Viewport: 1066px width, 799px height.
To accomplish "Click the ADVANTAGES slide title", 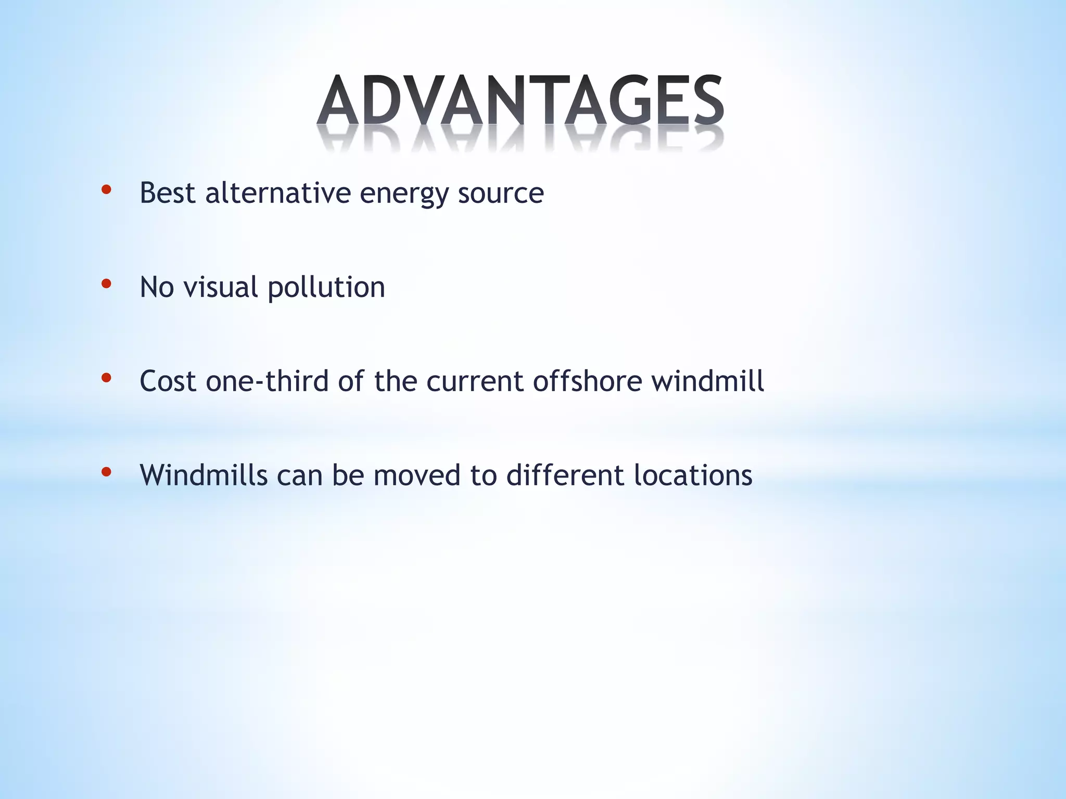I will click(521, 101).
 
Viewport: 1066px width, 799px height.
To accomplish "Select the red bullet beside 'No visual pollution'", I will click(106, 284).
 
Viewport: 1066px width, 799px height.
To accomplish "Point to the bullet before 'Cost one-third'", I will click(106, 378).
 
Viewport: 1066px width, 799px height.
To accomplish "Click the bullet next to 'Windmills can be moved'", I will click(106, 472).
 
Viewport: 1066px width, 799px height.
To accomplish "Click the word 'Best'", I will click(168, 193).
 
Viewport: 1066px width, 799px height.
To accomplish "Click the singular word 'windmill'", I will click(707, 381).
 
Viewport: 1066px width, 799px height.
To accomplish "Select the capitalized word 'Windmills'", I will click(204, 475).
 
